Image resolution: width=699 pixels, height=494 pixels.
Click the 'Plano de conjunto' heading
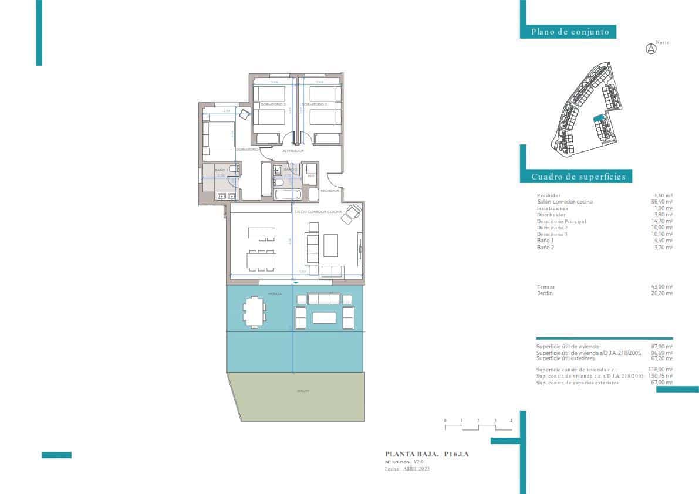coord(570,32)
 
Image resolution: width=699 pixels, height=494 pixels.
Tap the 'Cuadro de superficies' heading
coord(578,177)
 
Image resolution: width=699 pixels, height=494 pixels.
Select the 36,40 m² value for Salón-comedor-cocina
coord(662,202)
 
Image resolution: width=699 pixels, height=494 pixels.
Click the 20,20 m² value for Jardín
coord(662,293)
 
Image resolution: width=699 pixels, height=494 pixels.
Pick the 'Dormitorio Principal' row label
coord(561,222)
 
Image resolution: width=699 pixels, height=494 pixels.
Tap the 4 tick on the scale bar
coord(511,421)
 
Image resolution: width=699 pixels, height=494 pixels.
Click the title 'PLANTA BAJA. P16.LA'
coord(427,454)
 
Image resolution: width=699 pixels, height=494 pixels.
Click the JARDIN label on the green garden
coord(303,391)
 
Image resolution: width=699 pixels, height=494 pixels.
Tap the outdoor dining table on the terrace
coord(254,312)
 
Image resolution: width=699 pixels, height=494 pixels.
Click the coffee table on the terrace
coord(324,318)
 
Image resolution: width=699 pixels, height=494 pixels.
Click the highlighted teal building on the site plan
coord(599,118)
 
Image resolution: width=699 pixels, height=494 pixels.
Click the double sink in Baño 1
coord(227,196)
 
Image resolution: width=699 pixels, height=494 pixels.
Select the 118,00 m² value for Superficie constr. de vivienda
coord(662,370)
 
